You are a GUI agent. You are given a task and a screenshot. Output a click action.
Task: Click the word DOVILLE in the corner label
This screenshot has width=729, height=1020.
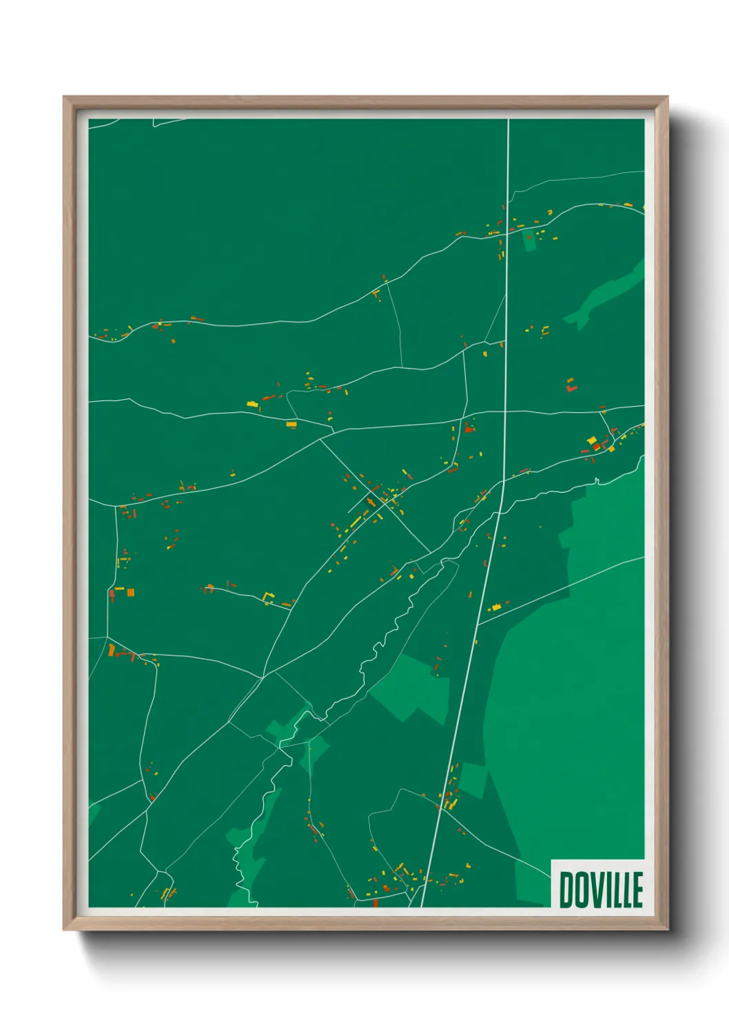[600, 890]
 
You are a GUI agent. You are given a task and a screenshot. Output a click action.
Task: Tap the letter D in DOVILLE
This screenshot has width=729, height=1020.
[566, 890]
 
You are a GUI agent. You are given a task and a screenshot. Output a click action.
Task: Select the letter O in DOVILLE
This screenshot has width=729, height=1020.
[581, 890]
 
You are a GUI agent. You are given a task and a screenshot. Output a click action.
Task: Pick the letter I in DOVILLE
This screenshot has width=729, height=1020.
[608, 890]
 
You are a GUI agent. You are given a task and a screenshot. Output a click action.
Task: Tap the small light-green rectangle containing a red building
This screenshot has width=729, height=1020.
[529, 241]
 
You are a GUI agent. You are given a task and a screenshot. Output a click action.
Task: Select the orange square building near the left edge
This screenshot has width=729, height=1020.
[130, 592]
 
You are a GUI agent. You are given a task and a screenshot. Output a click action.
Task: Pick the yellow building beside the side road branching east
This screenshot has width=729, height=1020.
[494, 608]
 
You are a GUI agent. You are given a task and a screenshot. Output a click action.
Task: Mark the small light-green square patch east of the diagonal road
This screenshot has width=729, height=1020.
[473, 780]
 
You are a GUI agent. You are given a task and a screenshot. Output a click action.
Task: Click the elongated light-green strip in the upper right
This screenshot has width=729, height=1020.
[606, 293]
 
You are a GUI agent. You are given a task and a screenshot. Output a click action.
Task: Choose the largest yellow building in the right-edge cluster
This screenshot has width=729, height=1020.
[591, 441]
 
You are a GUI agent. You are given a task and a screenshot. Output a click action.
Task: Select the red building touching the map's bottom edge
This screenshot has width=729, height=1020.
[376, 903]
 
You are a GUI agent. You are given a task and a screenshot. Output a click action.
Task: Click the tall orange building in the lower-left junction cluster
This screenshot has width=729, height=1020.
[111, 649]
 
